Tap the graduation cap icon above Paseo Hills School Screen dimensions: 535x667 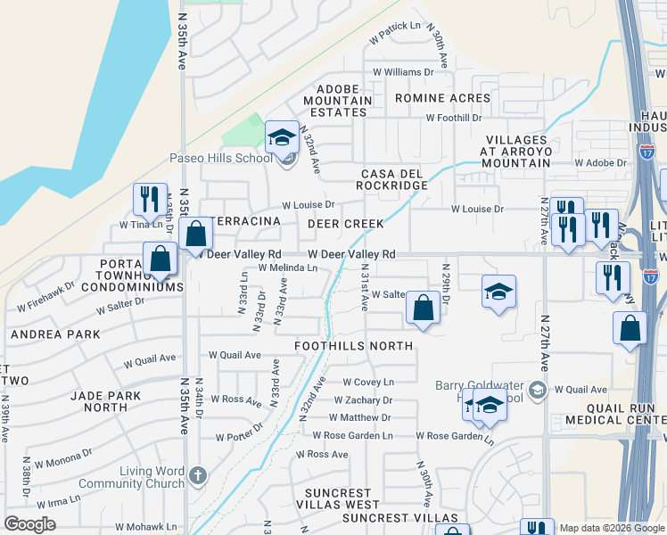point(282,138)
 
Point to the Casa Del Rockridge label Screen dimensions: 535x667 point(393,178)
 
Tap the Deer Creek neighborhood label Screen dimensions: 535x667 point(346,224)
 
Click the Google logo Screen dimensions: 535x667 point(29,524)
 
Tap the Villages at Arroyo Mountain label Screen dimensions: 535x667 point(530,152)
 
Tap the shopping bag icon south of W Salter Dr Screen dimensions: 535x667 point(424,309)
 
